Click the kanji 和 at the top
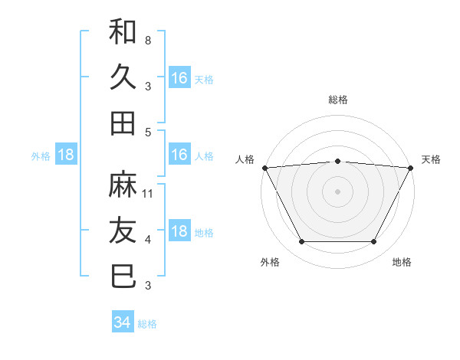click(x=123, y=31)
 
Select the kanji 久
click(x=123, y=77)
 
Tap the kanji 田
click(x=123, y=123)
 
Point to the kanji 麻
click(x=123, y=185)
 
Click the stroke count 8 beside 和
click(x=148, y=39)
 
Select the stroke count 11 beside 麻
click(x=149, y=193)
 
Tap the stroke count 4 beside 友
click(x=148, y=240)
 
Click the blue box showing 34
click(x=123, y=322)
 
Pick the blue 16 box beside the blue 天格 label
click(x=179, y=77)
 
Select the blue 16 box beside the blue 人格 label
click(x=179, y=155)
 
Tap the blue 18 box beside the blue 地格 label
click(x=179, y=231)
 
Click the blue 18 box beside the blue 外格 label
click(x=66, y=155)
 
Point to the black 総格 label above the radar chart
click(x=338, y=100)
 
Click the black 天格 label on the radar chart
click(x=432, y=159)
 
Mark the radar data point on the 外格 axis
click(x=301, y=242)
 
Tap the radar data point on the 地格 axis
click(x=374, y=242)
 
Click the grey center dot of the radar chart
click(x=338, y=191)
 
